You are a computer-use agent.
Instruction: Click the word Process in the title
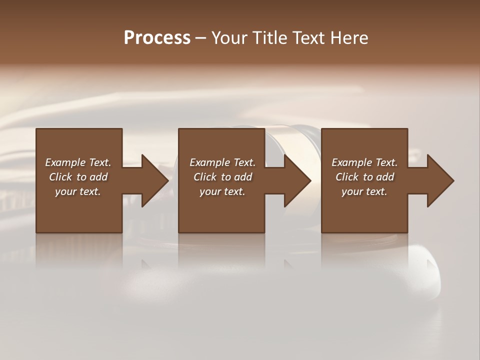coord(157,38)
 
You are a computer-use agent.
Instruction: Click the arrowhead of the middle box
coord(297,181)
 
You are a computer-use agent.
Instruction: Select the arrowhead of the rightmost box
coord(440,181)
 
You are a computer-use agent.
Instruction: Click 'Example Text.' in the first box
coord(78,162)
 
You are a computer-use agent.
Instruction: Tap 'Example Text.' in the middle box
coord(222,162)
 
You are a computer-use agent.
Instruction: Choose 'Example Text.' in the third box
coord(364,162)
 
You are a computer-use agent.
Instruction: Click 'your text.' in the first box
coord(78,191)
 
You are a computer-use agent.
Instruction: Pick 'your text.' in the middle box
coord(222,191)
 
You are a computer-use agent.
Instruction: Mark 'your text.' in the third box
coord(364,191)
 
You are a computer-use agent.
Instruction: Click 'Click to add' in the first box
coord(78,177)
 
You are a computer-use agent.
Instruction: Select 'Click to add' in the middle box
coord(222,177)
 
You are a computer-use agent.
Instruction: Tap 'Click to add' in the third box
coord(364,177)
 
